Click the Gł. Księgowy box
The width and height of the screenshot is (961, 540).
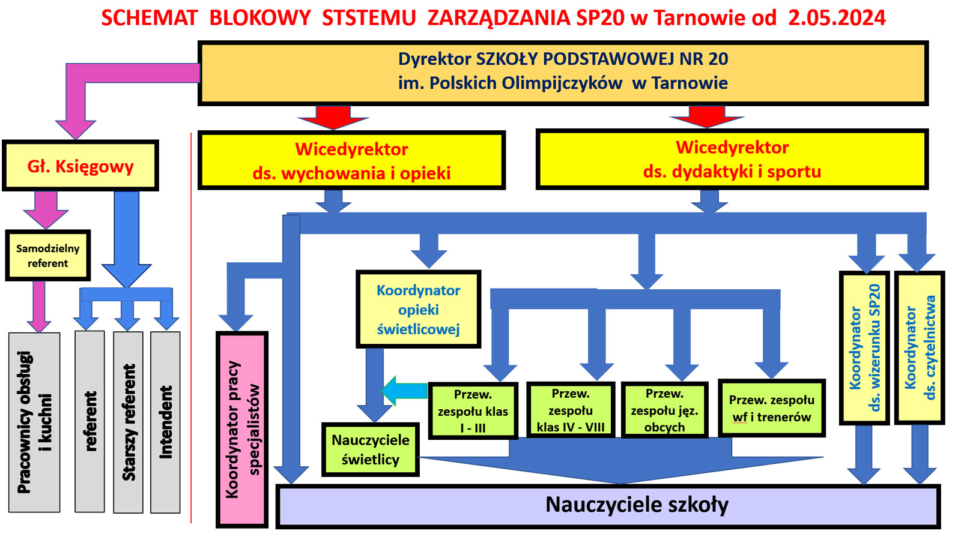point(80,166)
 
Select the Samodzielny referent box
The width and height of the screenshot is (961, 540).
point(48,256)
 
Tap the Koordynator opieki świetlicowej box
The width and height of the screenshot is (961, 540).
point(418,310)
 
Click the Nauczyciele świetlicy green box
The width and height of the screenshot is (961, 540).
point(370,449)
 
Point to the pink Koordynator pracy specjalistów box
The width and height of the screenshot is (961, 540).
point(241,429)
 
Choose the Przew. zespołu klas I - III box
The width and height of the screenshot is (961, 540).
point(473,411)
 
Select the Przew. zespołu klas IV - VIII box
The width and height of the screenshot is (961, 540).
point(570,410)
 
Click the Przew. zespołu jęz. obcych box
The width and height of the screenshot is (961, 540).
point(664,410)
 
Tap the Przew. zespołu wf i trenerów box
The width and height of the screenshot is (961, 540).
point(771,408)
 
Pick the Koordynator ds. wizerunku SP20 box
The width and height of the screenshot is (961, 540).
point(864,348)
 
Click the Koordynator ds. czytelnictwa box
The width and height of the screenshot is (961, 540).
point(920,348)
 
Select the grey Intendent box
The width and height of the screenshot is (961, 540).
point(165,422)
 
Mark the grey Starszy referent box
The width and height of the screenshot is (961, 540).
point(128,422)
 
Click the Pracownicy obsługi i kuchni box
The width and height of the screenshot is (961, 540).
point(34,422)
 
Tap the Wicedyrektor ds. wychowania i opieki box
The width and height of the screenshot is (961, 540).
point(351,161)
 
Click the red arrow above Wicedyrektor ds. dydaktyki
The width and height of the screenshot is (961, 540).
point(707,117)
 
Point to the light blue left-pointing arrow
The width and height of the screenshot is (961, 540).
point(404,391)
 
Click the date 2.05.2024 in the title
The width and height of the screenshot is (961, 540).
point(837,17)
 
